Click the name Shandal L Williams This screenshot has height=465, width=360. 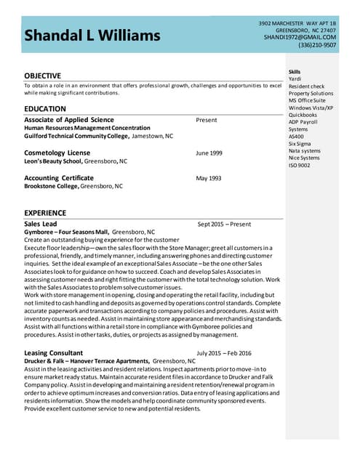coord(92,35)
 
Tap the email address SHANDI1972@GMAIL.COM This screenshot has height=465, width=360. coord(300,37)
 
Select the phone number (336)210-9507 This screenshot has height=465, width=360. coord(317,45)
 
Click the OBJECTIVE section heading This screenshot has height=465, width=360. coord(44,76)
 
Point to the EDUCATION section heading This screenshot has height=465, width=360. coord(45,109)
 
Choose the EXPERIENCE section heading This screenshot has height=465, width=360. coord(47,212)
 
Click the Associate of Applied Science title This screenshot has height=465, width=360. coord(69,120)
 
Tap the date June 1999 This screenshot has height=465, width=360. coord(209,153)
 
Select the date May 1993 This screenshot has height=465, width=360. coord(209,178)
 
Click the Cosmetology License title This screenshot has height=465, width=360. coord(57,153)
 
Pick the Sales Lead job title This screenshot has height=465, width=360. coord(40,224)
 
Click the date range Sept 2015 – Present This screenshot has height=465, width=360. coord(224,225)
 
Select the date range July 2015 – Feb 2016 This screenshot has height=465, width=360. coord(224,353)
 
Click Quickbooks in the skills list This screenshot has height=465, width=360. coord(303,115)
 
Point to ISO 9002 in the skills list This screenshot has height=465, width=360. coord(299,165)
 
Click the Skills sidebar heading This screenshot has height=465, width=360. coord(295,72)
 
